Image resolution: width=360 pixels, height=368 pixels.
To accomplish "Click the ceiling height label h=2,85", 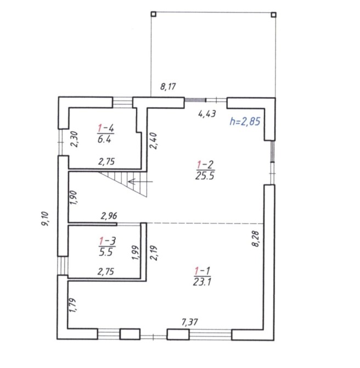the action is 245,121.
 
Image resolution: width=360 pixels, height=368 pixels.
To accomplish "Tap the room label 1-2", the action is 205,165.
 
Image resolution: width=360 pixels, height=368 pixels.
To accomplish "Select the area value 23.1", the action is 202,282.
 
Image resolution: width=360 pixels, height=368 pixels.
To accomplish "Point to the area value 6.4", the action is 104,140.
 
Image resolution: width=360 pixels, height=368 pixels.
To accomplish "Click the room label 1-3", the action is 108,241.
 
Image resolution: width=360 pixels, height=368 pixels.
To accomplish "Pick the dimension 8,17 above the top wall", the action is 168,86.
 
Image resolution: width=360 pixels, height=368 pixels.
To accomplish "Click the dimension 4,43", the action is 207,114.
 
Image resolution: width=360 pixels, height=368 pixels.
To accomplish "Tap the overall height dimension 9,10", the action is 45,219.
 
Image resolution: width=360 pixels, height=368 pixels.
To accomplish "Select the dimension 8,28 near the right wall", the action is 255,239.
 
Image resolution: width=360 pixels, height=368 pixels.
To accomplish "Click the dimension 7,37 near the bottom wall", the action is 190,322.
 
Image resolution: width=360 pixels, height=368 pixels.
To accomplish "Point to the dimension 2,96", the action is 109,216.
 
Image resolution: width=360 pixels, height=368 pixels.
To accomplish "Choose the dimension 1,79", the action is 72,305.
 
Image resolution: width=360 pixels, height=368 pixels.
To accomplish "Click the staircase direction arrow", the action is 140,181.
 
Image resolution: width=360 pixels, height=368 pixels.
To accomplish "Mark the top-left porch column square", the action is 153,14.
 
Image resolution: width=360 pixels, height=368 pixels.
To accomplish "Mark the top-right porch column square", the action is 273,15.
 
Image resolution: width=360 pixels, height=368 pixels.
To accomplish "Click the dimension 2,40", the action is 153,141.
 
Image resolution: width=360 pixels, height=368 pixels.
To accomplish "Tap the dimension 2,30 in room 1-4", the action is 74,139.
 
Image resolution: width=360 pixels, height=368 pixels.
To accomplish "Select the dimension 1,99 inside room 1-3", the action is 136,253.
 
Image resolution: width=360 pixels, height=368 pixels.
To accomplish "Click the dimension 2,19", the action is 154,253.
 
